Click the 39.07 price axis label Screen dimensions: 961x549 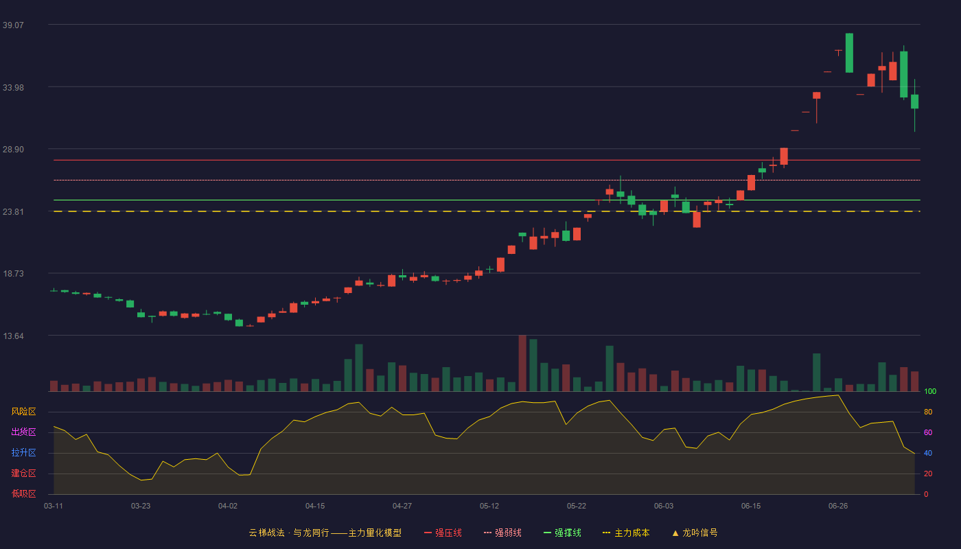[13, 25]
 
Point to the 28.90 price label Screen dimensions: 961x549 [13, 150]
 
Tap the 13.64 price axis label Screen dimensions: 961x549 [13, 336]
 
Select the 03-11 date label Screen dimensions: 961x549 [54, 506]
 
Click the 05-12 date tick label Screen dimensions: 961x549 [489, 506]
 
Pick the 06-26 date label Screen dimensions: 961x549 [838, 506]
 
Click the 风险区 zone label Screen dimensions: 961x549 [23, 412]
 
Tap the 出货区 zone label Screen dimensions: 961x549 [23, 432]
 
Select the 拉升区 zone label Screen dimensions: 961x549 [23, 452]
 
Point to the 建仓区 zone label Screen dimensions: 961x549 [23, 473]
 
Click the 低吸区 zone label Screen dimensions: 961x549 [23, 493]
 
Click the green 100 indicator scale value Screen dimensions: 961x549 [930, 391]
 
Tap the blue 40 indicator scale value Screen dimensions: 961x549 [928, 453]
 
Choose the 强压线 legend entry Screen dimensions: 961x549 [443, 533]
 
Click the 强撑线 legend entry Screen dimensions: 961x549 [562, 533]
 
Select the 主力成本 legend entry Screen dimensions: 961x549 [626, 533]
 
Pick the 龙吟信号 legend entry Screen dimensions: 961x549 [695, 533]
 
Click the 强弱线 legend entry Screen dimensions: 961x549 [502, 533]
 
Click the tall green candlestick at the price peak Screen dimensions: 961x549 [849, 53]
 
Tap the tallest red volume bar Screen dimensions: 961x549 [522, 363]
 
